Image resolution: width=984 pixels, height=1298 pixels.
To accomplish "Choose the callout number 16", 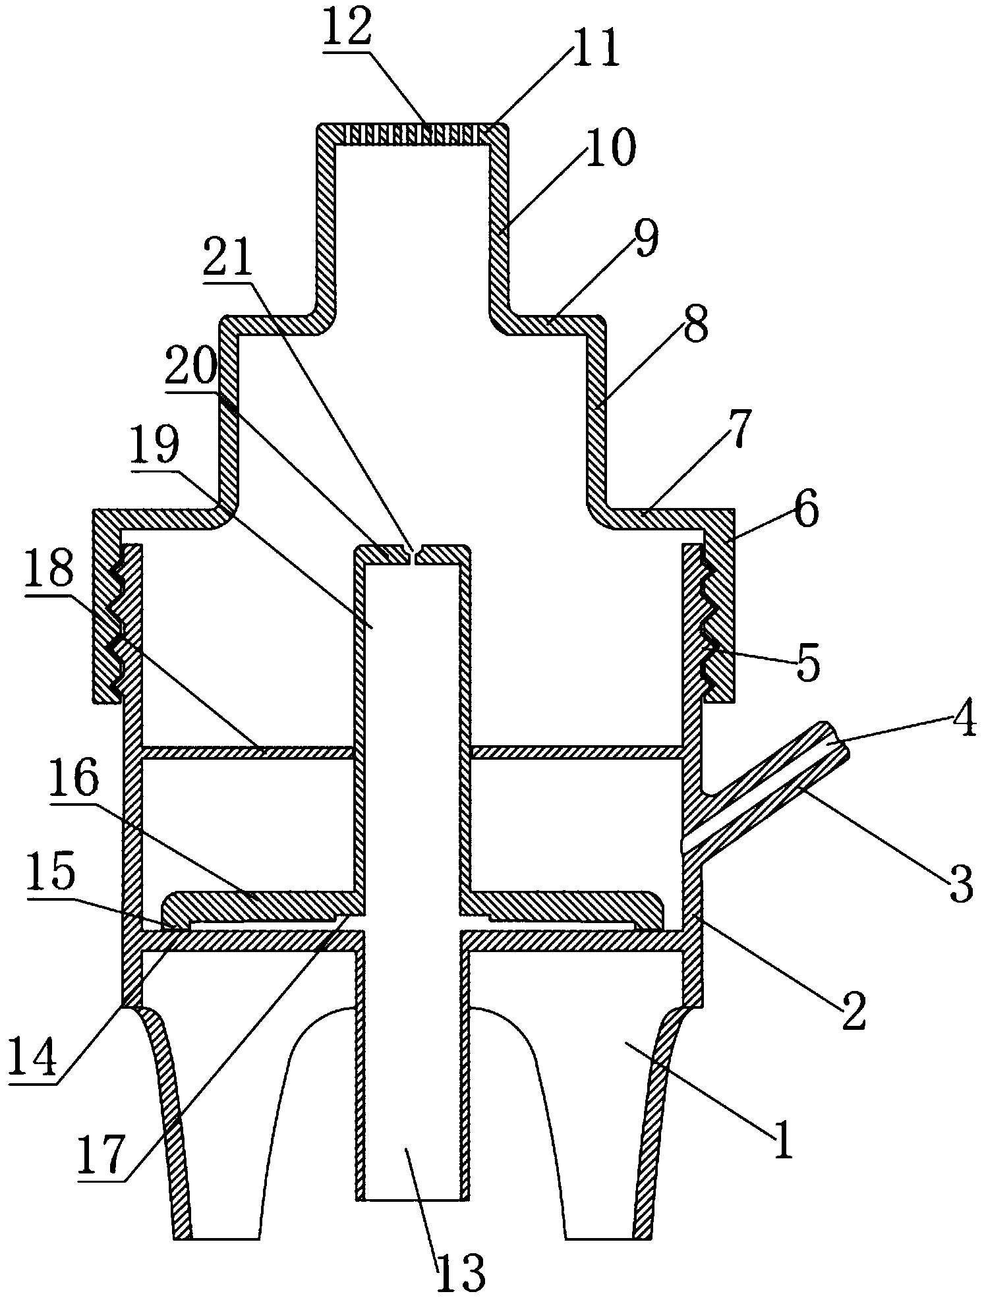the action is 73,780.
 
